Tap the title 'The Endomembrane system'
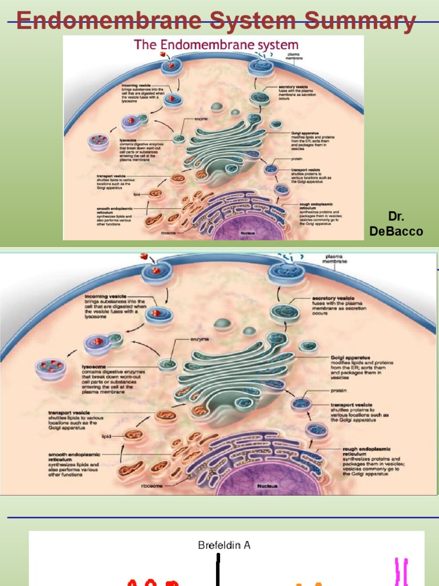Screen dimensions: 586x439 (x=216, y=45)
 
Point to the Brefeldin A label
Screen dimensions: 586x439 (x=224, y=545)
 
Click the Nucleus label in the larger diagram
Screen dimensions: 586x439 (x=267, y=486)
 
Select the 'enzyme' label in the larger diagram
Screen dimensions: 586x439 (x=199, y=339)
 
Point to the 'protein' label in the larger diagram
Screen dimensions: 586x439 (x=338, y=391)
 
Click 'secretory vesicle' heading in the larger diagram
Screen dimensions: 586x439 (x=333, y=298)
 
